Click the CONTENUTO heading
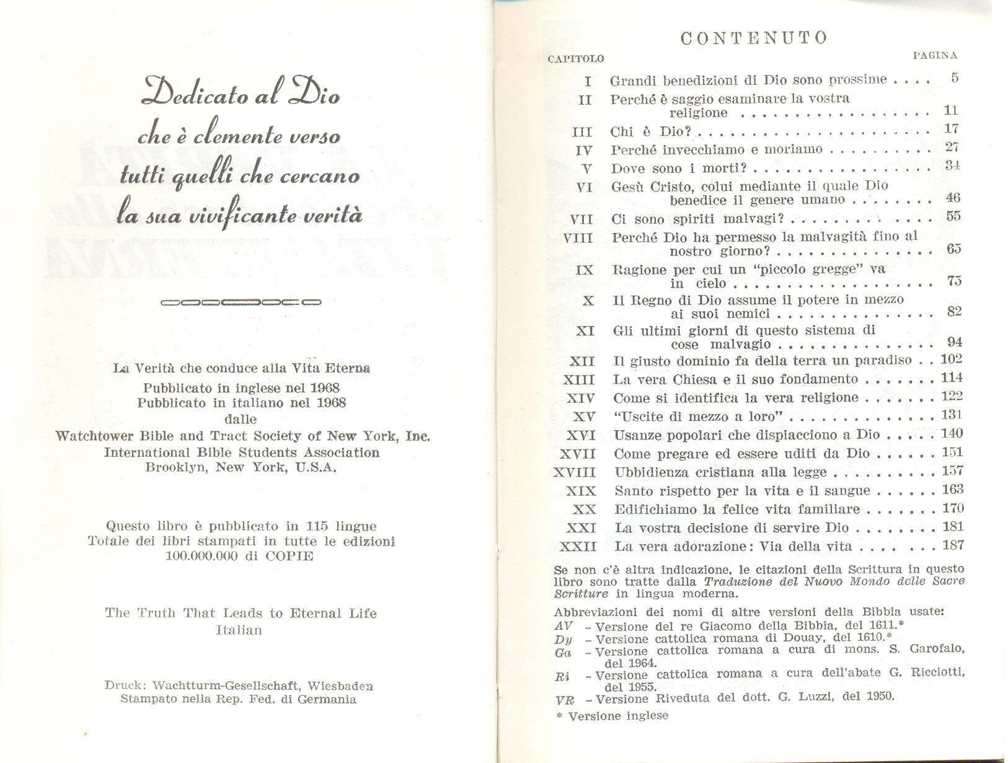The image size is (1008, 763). click(753, 38)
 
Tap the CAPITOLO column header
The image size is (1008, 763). click(576, 59)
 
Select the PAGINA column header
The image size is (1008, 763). click(935, 55)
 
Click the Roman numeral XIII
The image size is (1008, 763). click(580, 380)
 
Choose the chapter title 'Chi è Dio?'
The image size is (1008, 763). click(650, 131)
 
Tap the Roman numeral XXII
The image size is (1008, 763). click(577, 547)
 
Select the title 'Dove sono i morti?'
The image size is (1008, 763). click(678, 169)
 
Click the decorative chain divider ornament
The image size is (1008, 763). click(241, 303)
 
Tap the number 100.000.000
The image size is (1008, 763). click(201, 556)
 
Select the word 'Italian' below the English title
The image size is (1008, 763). click(239, 630)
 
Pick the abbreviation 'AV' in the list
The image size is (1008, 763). click(564, 626)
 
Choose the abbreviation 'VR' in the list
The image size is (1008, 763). click(565, 700)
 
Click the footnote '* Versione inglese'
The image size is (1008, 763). click(612, 717)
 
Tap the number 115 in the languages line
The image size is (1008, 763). click(316, 527)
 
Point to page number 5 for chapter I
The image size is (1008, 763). click(954, 78)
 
